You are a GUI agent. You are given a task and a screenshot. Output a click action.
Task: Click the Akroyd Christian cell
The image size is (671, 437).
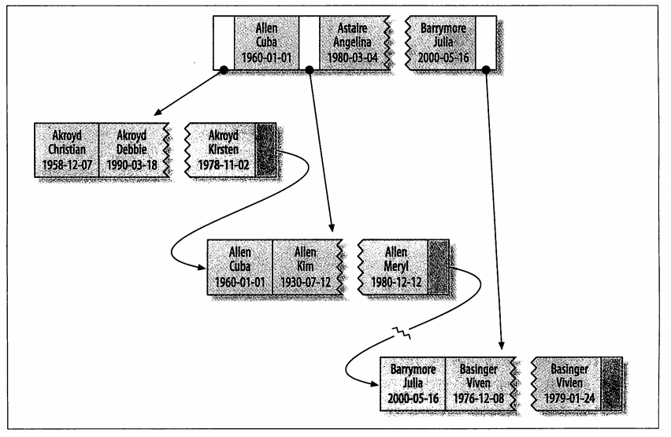67,150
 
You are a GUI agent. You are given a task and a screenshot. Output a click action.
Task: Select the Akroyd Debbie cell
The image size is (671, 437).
132,150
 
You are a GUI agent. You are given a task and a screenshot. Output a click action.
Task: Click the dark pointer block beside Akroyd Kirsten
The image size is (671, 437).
267,150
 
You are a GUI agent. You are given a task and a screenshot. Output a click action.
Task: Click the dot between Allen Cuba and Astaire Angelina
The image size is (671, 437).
310,69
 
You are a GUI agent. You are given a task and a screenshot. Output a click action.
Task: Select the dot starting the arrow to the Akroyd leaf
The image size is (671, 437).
224,69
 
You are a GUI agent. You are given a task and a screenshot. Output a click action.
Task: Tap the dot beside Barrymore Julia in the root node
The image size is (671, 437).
487,69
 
